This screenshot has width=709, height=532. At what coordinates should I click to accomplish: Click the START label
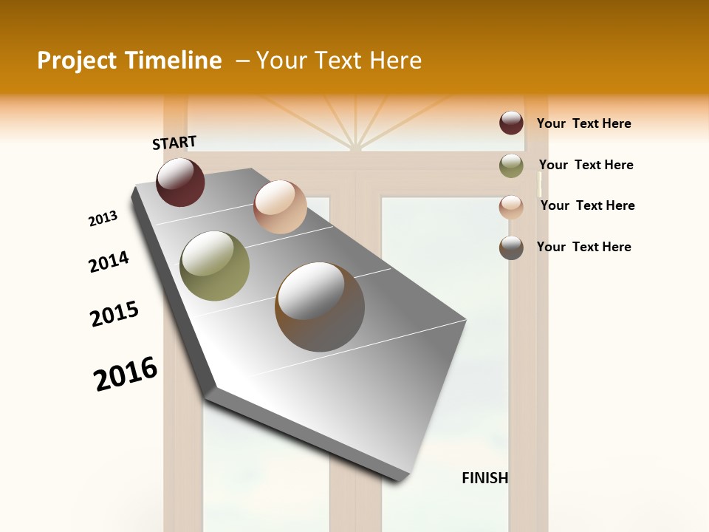[174, 143]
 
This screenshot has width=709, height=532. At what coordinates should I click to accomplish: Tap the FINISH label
[484, 478]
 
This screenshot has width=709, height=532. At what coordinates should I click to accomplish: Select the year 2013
[103, 219]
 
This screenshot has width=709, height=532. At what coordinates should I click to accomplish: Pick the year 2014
[109, 262]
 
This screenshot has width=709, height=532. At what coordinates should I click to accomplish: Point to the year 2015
[114, 314]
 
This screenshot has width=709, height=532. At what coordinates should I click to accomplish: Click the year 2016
[126, 374]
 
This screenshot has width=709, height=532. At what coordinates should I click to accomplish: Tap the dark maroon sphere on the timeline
[180, 182]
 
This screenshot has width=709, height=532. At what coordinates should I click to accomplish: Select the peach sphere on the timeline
[280, 207]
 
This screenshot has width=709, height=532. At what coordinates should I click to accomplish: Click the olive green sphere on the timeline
[215, 266]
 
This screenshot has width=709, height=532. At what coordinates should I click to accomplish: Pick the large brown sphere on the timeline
[320, 307]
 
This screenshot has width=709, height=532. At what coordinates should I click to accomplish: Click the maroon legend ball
[511, 123]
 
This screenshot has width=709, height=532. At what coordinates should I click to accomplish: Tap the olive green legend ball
[511, 166]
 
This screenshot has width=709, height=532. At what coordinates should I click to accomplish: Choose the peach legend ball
[511, 207]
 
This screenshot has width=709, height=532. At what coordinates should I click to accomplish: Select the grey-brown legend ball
[511, 248]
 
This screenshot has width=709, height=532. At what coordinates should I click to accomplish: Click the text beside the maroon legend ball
[583, 123]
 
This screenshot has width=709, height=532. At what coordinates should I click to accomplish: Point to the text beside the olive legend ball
[586, 165]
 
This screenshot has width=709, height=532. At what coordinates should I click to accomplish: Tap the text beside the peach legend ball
[587, 205]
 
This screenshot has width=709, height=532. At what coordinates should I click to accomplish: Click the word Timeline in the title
[177, 61]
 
